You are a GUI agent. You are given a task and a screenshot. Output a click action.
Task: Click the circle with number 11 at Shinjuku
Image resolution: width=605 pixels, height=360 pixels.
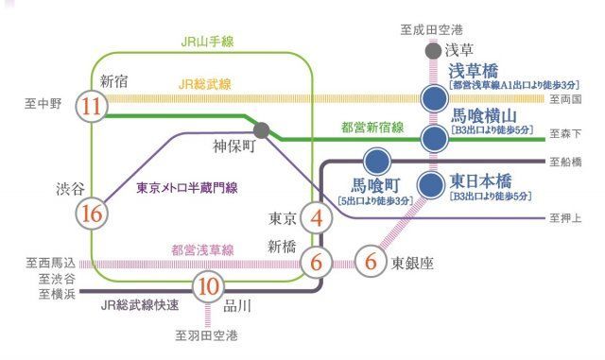click(x=91, y=106)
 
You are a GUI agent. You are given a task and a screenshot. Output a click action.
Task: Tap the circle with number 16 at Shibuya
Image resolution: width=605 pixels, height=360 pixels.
click(x=91, y=214)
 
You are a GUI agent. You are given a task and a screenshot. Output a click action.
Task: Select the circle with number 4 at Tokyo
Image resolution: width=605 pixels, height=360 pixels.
click(x=317, y=219)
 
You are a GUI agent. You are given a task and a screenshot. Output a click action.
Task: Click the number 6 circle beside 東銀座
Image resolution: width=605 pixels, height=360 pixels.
click(x=371, y=258)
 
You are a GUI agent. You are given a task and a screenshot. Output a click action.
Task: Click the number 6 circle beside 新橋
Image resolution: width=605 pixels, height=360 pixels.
click(x=317, y=258)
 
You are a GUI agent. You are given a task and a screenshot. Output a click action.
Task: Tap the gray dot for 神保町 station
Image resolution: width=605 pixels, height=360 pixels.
click(x=262, y=130)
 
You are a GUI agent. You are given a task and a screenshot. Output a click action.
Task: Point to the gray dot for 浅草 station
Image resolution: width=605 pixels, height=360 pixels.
click(x=433, y=51)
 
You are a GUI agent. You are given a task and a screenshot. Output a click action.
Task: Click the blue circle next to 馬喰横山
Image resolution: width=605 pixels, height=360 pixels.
click(x=434, y=140)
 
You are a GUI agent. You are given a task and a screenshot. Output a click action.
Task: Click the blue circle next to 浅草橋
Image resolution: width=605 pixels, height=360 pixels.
click(x=434, y=95)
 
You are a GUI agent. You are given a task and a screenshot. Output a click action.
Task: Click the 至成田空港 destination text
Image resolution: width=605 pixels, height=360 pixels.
click(x=433, y=31)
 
